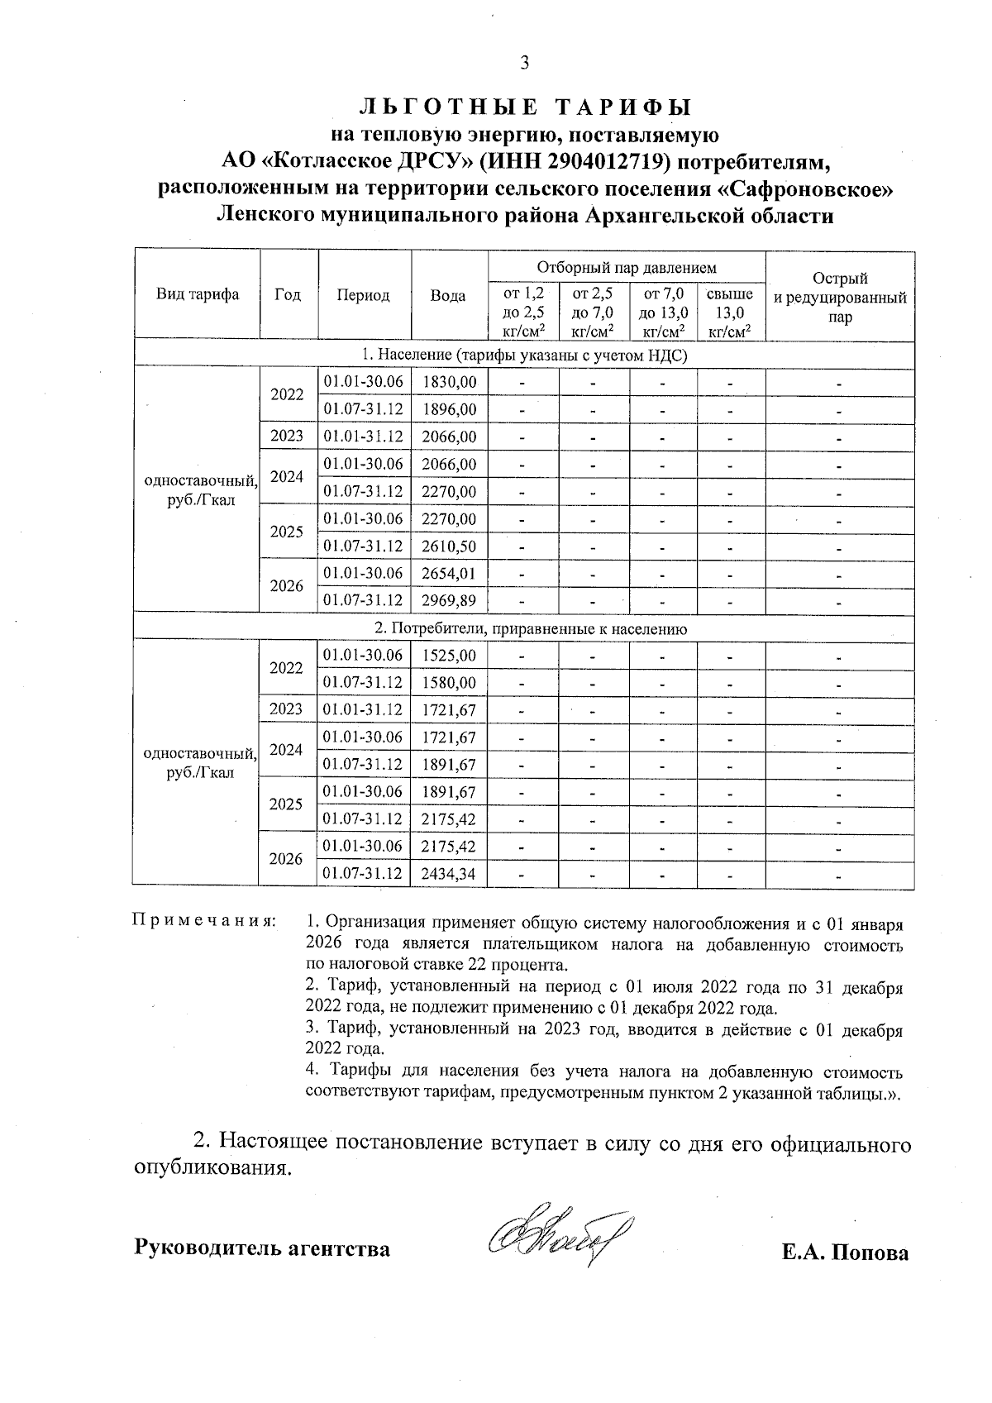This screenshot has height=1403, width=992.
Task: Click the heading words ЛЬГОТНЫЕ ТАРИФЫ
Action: tap(525, 107)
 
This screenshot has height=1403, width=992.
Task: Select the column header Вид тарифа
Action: tap(198, 295)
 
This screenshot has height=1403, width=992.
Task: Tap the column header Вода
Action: tap(448, 296)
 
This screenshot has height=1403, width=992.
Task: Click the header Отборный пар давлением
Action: tap(626, 268)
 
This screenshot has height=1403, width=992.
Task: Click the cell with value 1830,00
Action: tap(449, 382)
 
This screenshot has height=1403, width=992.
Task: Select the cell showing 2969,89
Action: tap(449, 600)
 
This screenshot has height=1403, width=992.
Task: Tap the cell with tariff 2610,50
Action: tap(449, 546)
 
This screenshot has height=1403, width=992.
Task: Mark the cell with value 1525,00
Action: tap(449, 656)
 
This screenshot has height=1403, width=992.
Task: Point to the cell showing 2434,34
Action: tap(449, 874)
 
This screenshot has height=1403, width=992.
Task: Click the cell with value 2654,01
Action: tap(449, 573)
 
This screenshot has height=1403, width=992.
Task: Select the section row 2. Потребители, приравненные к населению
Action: tap(525, 628)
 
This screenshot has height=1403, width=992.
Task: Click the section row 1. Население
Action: tap(525, 355)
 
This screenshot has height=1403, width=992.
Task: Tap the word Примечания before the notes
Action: tap(203, 920)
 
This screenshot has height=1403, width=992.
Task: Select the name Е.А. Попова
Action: tap(845, 1253)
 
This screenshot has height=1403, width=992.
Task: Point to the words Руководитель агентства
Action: tap(262, 1248)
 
